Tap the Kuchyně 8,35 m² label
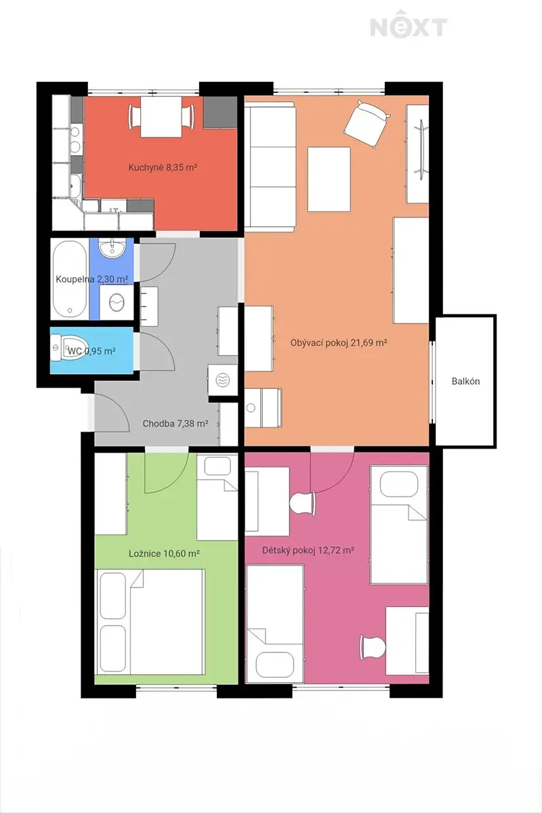(163, 167)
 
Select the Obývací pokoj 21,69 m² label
(339, 343)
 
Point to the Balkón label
(465, 381)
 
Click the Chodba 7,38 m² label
(175, 423)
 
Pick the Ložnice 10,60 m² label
(164, 554)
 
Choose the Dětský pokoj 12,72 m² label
(308, 550)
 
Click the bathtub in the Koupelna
(70, 279)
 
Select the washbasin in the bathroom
(112, 247)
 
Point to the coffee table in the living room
(329, 179)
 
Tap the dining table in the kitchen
(161, 117)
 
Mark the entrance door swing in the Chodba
(110, 413)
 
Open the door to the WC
(157, 352)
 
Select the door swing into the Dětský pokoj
(332, 472)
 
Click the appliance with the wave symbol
(222, 380)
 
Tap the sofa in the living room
(270, 167)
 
